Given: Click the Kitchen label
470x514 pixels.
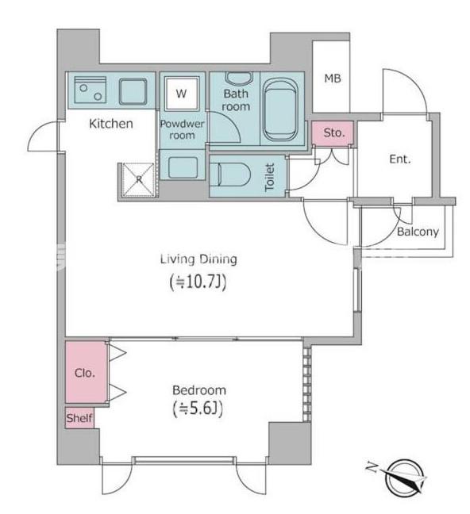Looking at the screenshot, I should tap(110, 124).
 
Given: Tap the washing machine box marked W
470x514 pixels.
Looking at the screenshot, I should tap(182, 94).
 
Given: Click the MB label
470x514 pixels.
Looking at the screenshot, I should tap(332, 78).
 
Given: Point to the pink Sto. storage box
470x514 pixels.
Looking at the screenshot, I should tap(333, 134).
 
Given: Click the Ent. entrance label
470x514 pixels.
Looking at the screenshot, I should tap(399, 159).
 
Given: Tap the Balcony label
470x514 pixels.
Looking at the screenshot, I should tap(417, 232).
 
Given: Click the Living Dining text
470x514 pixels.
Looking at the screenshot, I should tap(198, 259).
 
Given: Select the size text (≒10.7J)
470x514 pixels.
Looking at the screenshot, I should tap(198, 281).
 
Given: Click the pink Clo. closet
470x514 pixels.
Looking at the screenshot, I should tap(85, 372).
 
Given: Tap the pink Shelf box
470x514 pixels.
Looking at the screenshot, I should tap(79, 418).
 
